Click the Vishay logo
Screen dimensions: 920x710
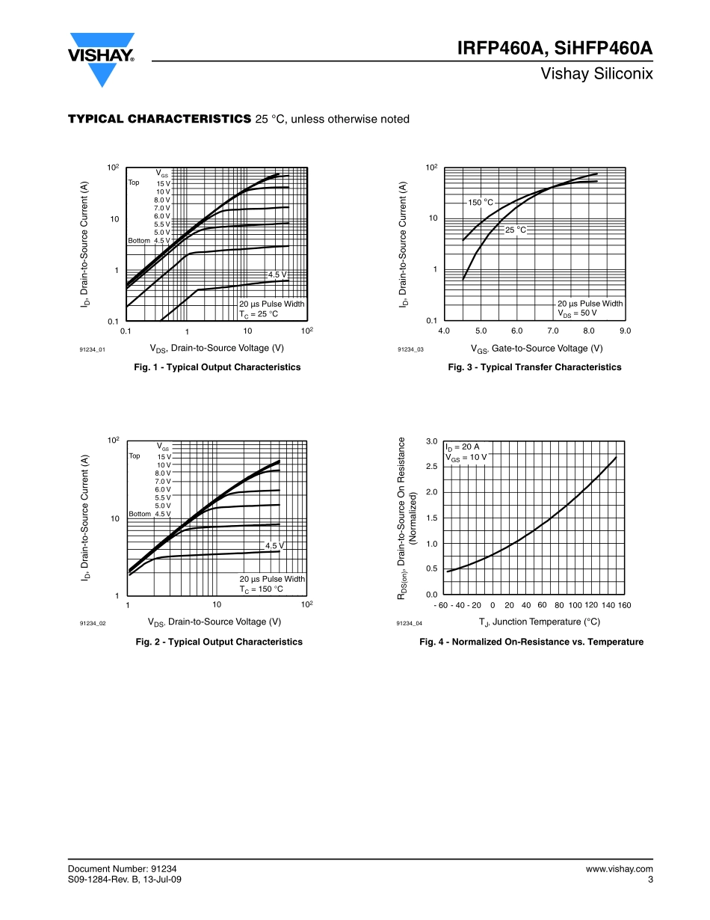tap(102, 57)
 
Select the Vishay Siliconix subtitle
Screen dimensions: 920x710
tap(597, 74)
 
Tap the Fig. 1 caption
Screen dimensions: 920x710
tap(217, 367)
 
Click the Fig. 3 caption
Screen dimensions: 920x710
tap(534, 367)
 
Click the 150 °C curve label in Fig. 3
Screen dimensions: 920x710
tap(481, 203)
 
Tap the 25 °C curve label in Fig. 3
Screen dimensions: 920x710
tap(516, 230)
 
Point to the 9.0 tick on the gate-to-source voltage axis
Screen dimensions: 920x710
tap(625, 331)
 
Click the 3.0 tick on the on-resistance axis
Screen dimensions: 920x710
tap(431, 441)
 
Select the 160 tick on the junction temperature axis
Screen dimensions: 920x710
tap(625, 605)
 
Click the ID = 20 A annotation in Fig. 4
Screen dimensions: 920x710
tap(463, 447)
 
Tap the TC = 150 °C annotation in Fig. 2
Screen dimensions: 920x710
tap(261, 589)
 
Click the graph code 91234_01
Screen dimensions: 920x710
tap(93, 349)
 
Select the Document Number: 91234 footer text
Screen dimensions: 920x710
tap(122, 868)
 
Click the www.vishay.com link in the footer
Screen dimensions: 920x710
tap(620, 868)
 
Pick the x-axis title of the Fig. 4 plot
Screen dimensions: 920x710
tap(539, 622)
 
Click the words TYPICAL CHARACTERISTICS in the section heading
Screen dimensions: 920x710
tap(159, 119)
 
